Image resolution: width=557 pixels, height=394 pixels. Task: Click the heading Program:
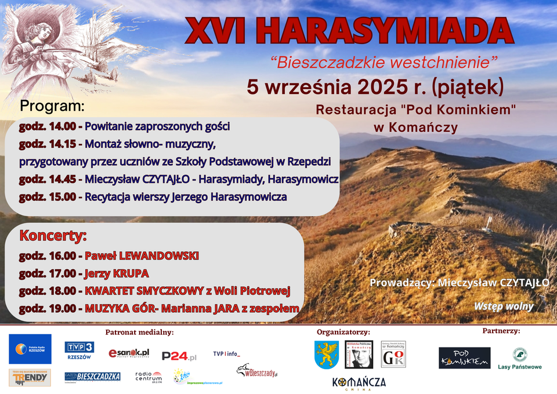[52, 106]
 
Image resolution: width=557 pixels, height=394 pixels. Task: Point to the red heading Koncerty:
[53, 236]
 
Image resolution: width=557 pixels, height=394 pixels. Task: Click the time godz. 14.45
[47, 179]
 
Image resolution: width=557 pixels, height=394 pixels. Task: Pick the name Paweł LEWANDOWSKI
[142, 255]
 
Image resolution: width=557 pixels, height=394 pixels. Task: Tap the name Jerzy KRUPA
[117, 273]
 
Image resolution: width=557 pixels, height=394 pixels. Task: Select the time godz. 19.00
[47, 309]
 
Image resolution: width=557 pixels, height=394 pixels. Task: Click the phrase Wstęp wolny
[503, 306]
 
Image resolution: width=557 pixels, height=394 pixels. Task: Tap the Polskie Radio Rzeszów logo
[30, 349]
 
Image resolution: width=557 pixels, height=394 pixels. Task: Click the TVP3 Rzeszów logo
[79, 350]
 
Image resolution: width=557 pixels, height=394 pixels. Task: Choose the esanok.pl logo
[129, 353]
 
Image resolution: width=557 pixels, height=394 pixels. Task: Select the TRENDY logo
[30, 377]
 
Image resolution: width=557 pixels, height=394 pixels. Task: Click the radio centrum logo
[148, 377]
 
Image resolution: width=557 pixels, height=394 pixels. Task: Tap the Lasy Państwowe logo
[519, 359]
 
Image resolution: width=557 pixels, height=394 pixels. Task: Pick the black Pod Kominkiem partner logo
[464, 358]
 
